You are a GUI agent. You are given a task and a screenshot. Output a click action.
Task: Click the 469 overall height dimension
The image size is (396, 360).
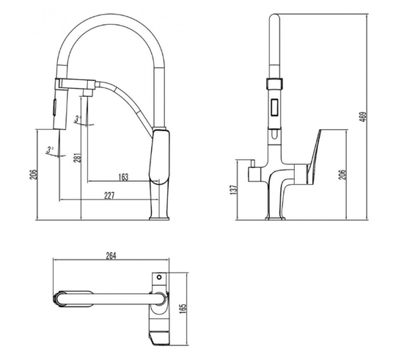pos(363,117)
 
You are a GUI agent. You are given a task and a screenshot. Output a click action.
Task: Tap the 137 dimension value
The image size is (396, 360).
pos(234,189)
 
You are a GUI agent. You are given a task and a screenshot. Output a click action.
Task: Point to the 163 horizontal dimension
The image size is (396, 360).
pos(123,177)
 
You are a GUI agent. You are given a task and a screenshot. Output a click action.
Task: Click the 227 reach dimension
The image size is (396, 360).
pos(109,196)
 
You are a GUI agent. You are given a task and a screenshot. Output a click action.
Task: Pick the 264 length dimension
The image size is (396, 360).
pos(111,256)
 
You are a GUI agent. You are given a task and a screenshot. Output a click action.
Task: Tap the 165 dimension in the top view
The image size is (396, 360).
pos(183,308)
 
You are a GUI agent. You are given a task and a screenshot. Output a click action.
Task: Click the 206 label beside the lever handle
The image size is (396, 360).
pos(342,175)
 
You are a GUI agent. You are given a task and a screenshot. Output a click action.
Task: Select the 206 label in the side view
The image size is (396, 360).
pos(34,175)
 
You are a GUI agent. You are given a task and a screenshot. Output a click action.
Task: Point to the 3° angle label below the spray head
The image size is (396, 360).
pos(50,150)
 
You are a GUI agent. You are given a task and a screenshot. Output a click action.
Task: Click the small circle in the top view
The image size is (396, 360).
pos(159,277)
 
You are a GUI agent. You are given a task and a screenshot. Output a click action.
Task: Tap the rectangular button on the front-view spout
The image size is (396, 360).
pos(274,107)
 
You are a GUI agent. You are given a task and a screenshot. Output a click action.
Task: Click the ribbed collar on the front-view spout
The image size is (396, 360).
pos(274,83)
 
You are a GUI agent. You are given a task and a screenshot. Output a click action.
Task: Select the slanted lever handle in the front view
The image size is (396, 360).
pos(313,156)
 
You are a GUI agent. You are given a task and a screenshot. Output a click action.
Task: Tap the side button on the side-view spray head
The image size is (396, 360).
pos(54,108)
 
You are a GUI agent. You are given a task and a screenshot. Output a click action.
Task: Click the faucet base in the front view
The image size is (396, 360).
pos(275,218)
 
